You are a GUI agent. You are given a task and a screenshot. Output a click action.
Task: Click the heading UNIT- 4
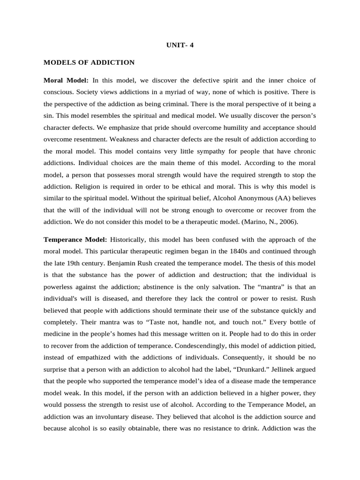[x=180, y=46]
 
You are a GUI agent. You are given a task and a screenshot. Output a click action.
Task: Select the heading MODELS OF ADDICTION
[x=89, y=62]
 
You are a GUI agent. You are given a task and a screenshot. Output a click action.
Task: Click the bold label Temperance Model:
[x=75, y=240]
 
